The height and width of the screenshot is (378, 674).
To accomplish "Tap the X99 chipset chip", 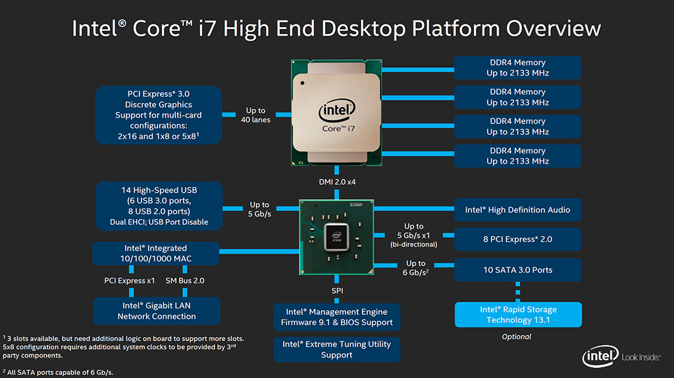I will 336,235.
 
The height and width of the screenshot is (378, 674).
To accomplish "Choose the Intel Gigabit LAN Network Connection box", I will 157,310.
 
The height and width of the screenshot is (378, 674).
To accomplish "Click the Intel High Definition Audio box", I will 517,210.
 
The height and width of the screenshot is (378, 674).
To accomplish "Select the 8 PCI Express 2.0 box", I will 517,239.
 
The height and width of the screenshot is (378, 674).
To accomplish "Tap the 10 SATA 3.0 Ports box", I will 517,270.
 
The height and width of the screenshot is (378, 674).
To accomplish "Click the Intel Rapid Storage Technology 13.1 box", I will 517,314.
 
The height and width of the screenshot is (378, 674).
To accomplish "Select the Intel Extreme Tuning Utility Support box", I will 336,349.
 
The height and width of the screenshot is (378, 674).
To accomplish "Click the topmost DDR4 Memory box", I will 517,68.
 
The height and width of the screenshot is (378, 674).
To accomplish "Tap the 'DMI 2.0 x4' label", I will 336,181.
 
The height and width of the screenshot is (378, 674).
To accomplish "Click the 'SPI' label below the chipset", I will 337,290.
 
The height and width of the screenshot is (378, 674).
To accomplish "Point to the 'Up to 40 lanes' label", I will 255,115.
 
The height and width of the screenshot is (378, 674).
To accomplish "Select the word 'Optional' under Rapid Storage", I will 517,337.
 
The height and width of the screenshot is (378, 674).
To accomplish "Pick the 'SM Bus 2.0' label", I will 185,281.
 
